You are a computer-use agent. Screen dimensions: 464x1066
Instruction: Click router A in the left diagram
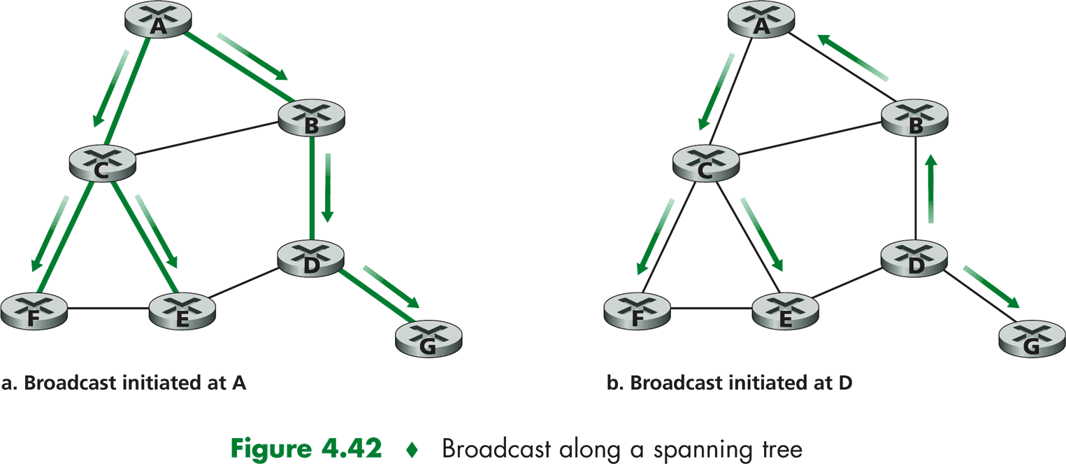coord(158,20)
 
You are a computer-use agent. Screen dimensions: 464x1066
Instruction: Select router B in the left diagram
coord(312,118)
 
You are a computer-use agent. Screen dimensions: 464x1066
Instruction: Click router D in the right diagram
coord(914,258)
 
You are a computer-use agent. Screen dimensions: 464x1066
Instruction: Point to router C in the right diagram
coord(705,163)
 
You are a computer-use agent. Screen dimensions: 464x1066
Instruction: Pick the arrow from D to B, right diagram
coord(930,189)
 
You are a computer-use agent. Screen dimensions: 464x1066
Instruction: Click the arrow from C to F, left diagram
coord(49,234)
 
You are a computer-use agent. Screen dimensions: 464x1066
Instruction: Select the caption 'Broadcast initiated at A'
coord(125,383)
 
